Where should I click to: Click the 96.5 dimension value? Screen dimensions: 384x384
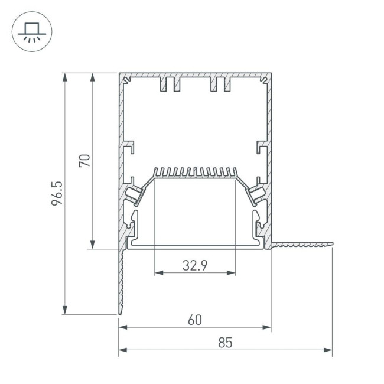coord(57,194)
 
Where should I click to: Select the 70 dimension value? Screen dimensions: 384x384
coord(84,161)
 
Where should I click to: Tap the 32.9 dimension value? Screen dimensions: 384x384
coord(194,265)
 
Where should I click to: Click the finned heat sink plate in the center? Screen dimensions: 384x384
coord(195,173)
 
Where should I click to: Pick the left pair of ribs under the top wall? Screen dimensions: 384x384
coord(170,85)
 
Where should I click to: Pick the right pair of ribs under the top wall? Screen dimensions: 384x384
coord(219,85)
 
